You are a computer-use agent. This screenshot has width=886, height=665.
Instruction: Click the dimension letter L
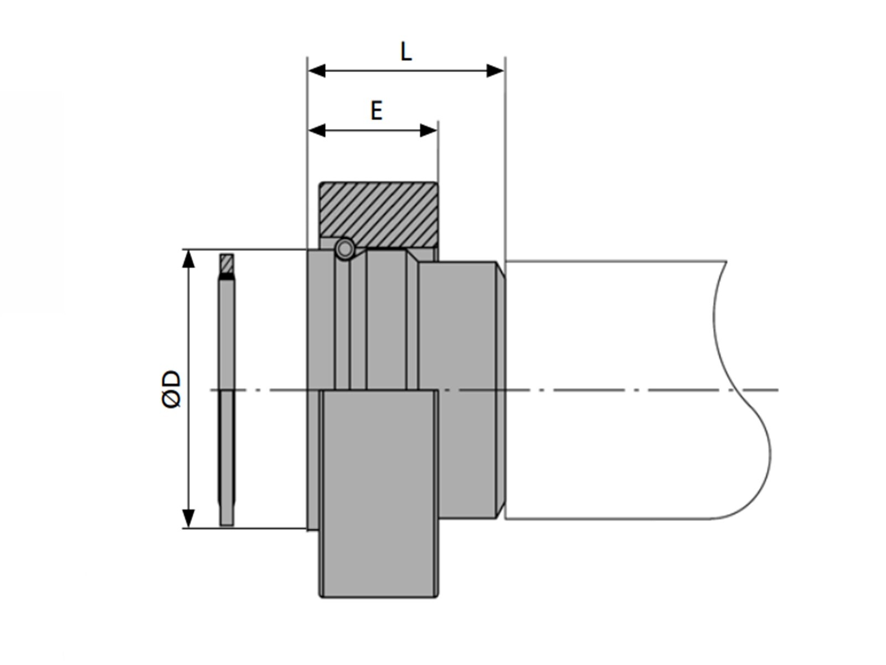pyautogui.click(x=406, y=52)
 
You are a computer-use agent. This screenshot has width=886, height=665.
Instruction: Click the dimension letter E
pyautogui.click(x=376, y=111)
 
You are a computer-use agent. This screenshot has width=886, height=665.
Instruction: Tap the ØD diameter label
pyautogui.click(x=171, y=389)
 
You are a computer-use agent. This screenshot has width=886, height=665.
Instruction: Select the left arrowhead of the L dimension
pyautogui.click(x=317, y=71)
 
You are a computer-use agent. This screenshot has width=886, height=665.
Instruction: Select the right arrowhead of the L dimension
pyautogui.click(x=495, y=71)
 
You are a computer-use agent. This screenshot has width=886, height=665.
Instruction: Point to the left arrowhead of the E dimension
pyautogui.click(x=317, y=130)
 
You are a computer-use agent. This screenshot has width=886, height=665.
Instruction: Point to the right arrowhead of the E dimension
pyautogui.click(x=428, y=130)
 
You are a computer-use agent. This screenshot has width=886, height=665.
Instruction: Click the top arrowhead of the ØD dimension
pyautogui.click(x=188, y=259)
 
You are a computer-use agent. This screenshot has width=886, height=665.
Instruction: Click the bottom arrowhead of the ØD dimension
pyautogui.click(x=188, y=519)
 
